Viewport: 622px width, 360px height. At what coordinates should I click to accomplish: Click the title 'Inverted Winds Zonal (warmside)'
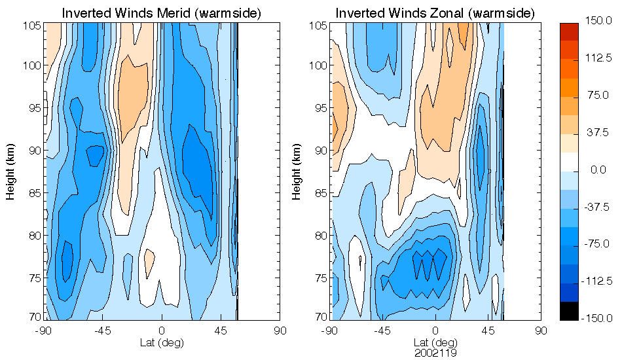click(435, 13)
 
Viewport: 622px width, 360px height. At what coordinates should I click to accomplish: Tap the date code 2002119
click(435, 353)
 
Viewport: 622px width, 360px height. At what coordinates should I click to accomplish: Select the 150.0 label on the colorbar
click(597, 20)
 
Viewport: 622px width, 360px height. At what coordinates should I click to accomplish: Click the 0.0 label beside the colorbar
click(597, 170)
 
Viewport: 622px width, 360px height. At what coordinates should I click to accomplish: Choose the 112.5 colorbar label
click(597, 58)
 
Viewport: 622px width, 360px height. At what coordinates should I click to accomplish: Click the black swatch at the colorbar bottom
click(569, 312)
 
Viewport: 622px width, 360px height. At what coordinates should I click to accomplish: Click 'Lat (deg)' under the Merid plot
click(162, 342)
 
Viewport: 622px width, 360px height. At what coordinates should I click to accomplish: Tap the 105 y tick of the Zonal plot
click(318, 25)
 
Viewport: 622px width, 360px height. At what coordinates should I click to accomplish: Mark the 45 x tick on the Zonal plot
click(488, 331)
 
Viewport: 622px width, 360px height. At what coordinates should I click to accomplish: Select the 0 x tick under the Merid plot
click(162, 331)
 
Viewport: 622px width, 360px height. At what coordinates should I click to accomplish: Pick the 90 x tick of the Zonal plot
click(541, 331)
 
